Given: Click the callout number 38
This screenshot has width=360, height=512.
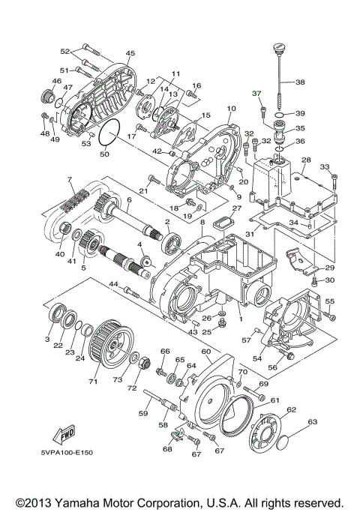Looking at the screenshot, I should (x=301, y=82).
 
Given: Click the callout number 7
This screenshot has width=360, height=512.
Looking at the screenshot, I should (x=69, y=180).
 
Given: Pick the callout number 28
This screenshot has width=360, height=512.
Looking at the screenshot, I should (x=305, y=160).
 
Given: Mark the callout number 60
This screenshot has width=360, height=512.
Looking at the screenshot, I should (x=203, y=352).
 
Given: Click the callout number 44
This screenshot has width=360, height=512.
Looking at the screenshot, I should (x=114, y=284).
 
